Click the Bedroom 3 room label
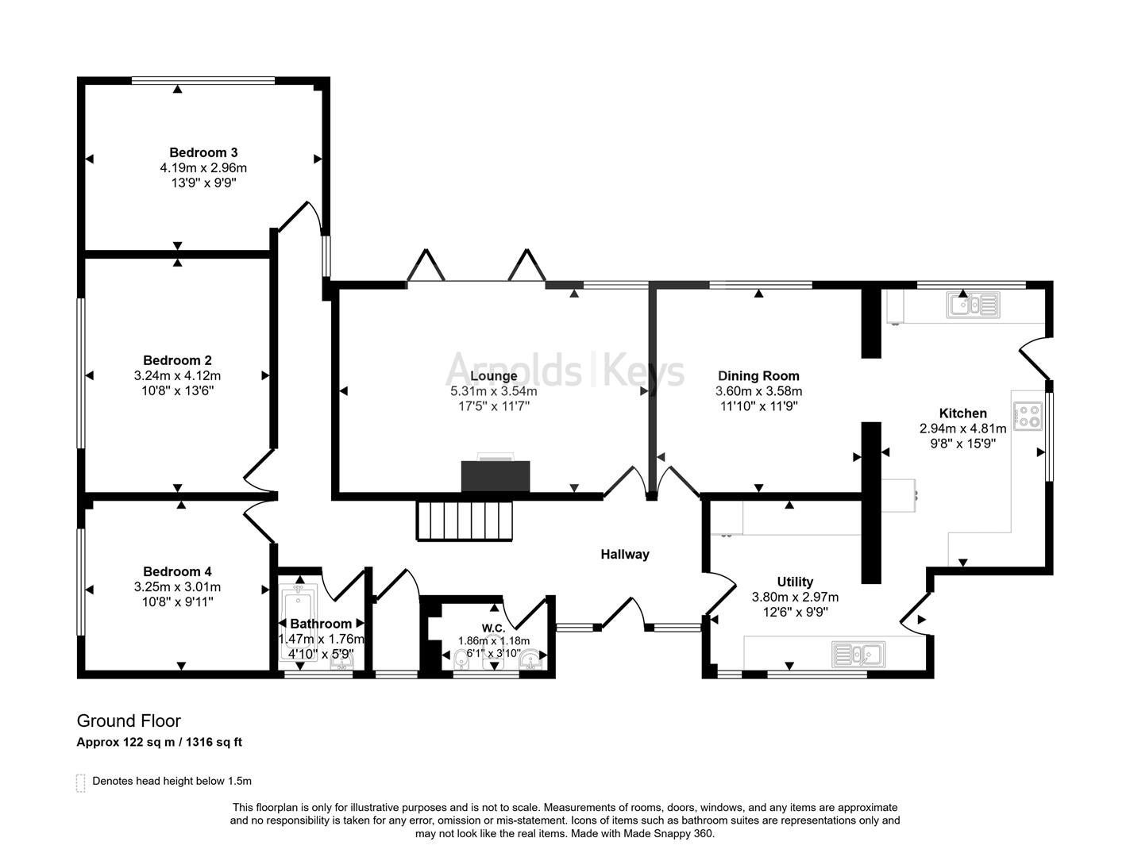203,152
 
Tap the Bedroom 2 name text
177,360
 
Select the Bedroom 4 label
177,571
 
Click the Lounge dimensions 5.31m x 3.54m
493,391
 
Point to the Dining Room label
758,376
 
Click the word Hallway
624,555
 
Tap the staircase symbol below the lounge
465,521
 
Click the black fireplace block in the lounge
496,476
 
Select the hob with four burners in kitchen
1028,416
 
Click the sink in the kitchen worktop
973,305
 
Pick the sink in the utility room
858,655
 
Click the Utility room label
795,582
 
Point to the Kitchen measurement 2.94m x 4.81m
962,428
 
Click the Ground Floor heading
129,721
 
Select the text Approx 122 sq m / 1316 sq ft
159,743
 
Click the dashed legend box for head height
80,782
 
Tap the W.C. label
493,628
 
